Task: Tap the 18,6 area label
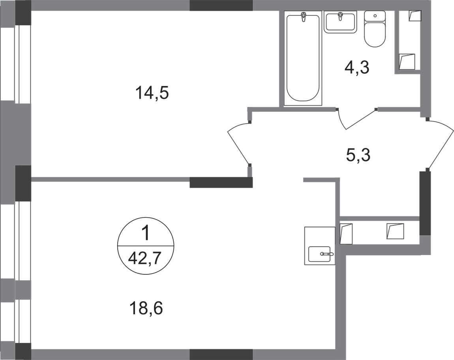tap(146, 307)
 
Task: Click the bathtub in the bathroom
tap(303, 59)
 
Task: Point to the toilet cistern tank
tap(375, 16)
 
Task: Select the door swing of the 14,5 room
tap(239, 144)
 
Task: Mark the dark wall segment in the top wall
tap(221, 6)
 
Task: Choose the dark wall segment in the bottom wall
tap(221, 354)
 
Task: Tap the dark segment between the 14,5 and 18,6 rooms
tap(221, 182)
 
